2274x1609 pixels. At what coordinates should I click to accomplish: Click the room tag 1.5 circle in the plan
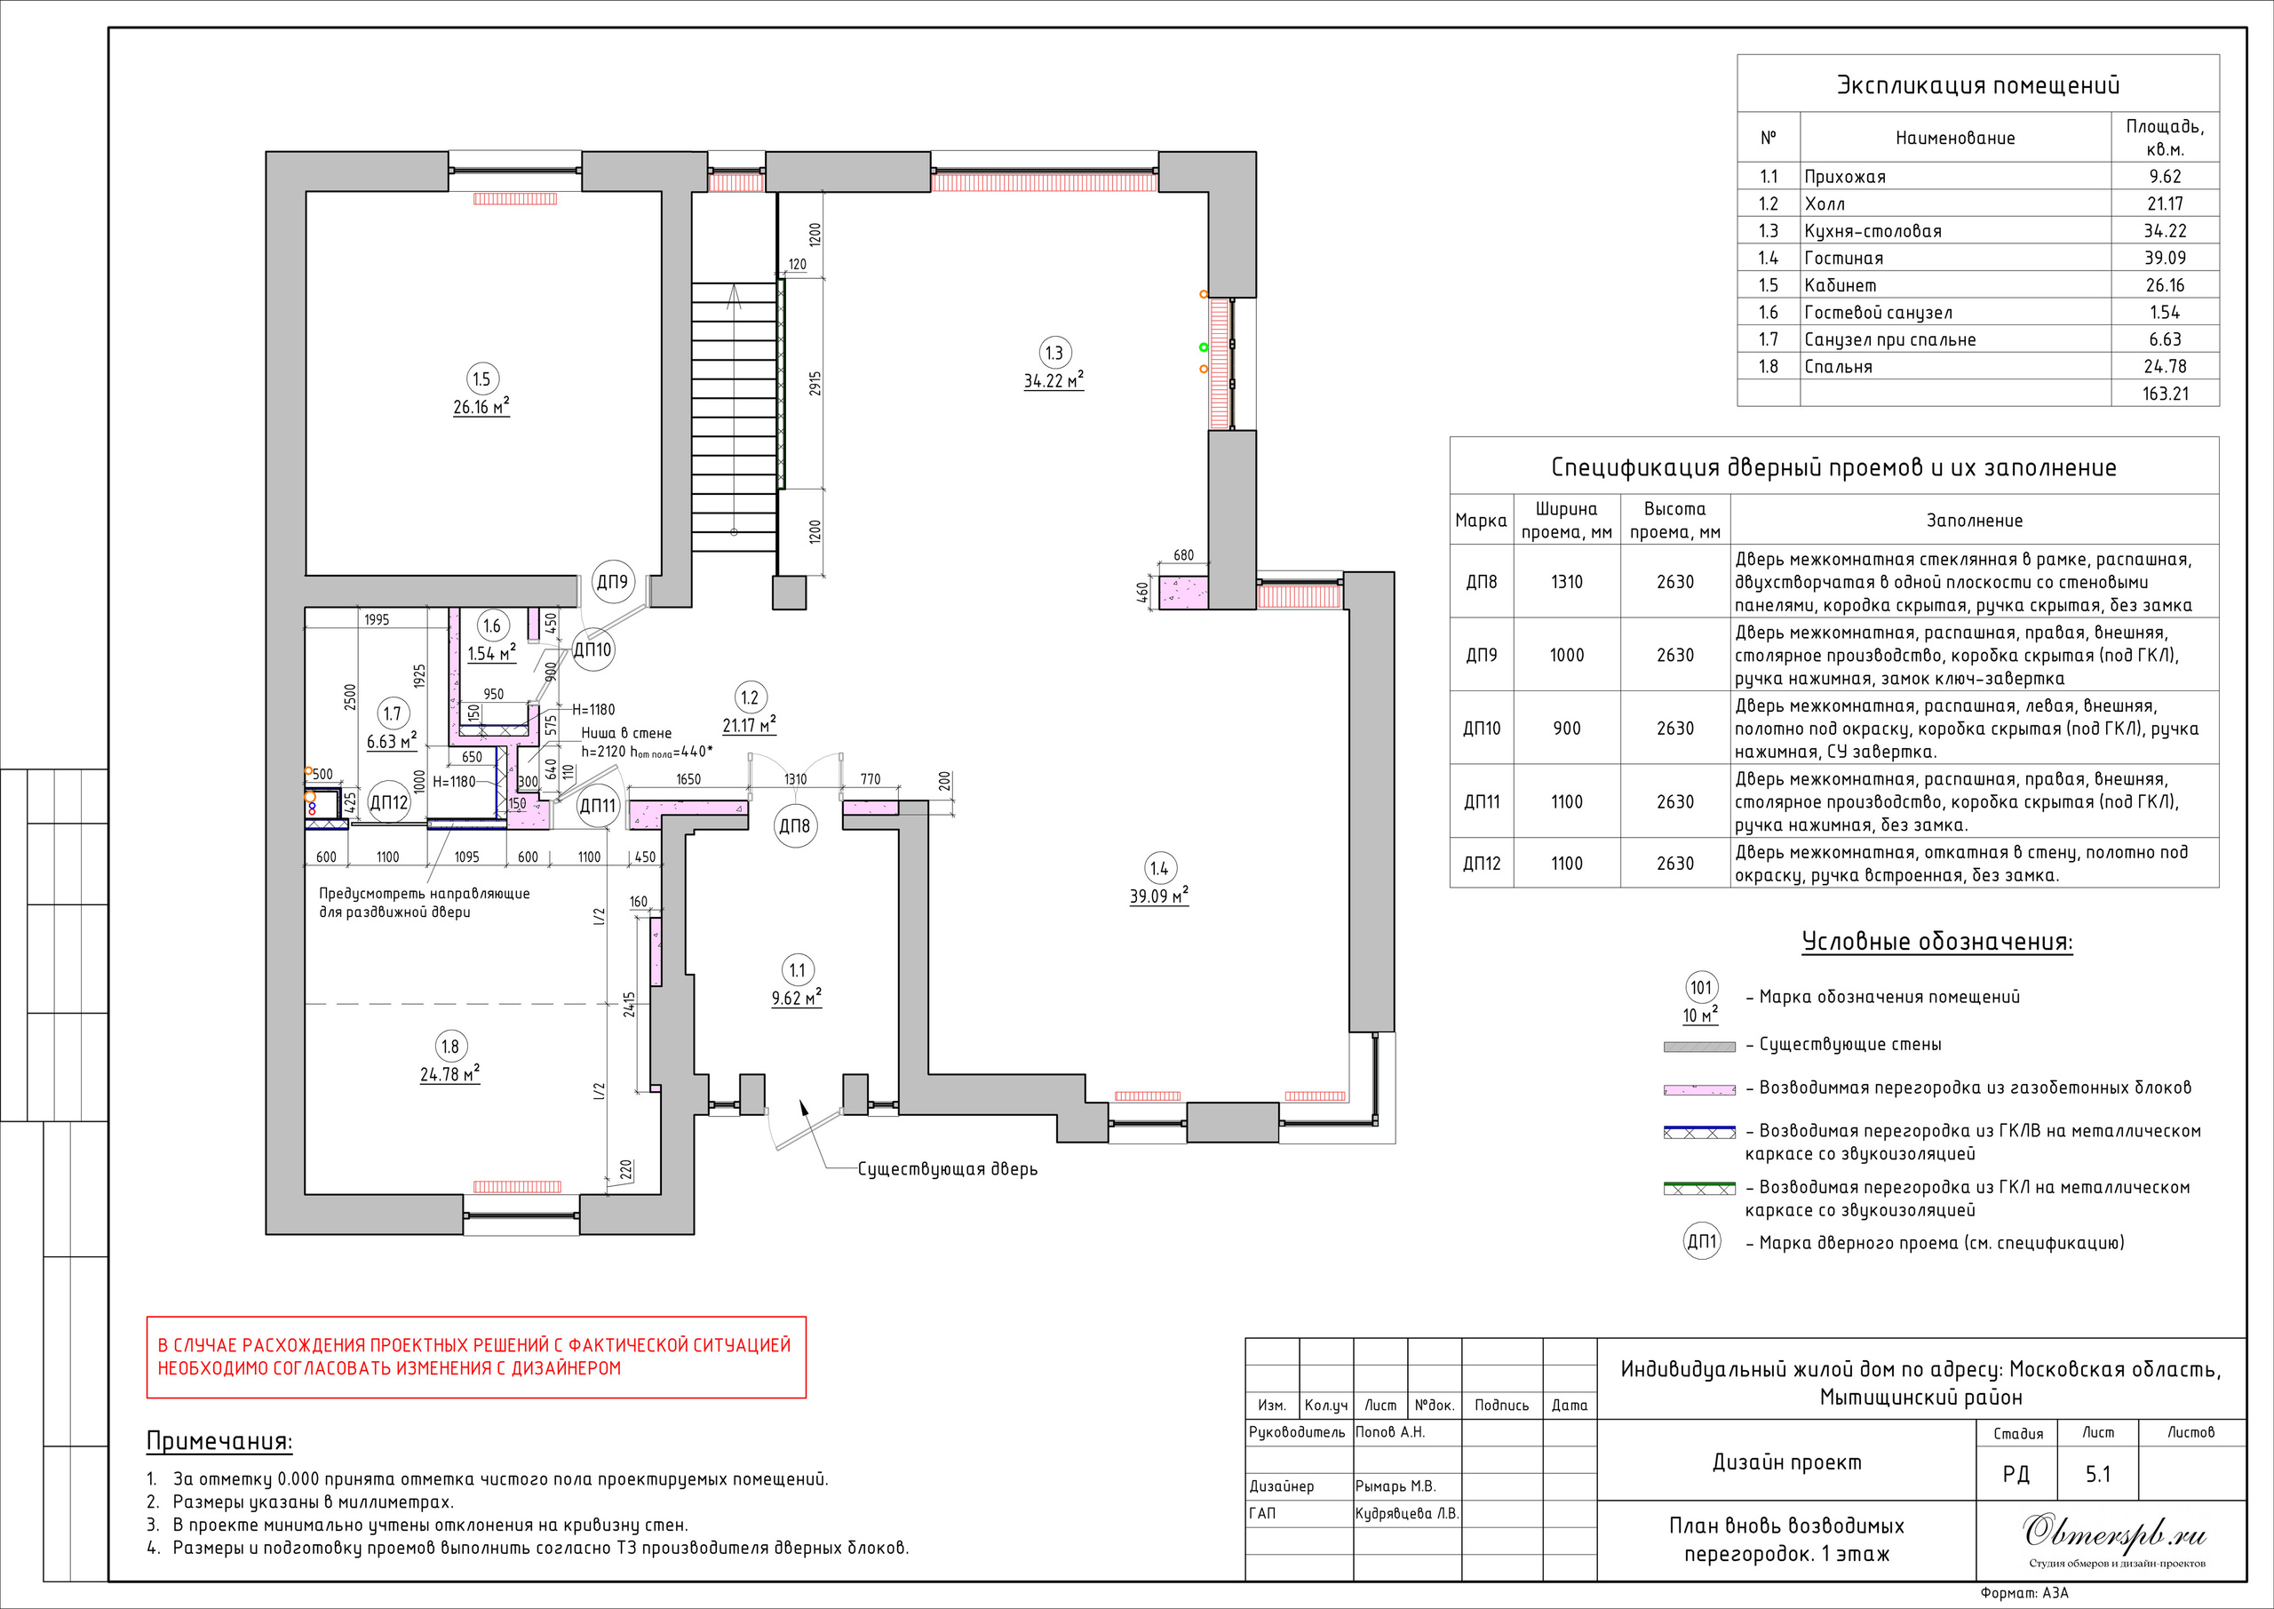(481, 378)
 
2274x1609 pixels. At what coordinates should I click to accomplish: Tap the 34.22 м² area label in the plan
(1054, 381)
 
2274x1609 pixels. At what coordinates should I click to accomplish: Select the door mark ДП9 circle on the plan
(612, 583)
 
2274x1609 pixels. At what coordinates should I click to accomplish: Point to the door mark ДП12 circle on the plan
(389, 802)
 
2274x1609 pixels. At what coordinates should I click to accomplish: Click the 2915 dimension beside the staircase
(815, 385)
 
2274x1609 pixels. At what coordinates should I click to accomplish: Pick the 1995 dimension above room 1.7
(378, 620)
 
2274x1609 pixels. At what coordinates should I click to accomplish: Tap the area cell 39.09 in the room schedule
(2165, 258)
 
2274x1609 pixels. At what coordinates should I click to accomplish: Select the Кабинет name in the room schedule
(1841, 285)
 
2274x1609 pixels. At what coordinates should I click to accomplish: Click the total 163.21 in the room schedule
(2165, 394)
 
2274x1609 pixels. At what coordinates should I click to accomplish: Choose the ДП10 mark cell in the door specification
(1482, 729)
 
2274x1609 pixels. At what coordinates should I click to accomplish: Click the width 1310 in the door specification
(1567, 582)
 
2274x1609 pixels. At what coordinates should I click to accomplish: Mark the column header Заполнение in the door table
(1974, 520)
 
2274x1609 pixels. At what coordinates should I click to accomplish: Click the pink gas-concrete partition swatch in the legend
(1699, 1090)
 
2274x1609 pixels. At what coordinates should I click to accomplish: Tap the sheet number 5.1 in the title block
(2098, 1474)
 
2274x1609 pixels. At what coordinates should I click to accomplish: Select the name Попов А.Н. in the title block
(1390, 1431)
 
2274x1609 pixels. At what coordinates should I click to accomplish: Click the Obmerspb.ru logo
(2114, 1533)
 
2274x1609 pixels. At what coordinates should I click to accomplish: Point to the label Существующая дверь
(947, 1169)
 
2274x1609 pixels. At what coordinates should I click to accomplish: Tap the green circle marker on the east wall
(1204, 346)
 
